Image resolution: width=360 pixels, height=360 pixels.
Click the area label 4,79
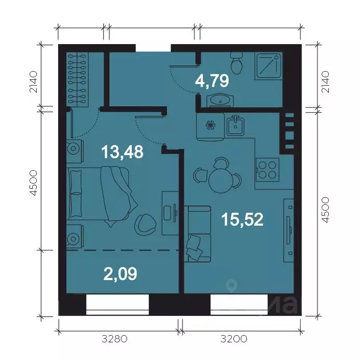coord(212,81)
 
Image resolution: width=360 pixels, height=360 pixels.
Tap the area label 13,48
coord(122,152)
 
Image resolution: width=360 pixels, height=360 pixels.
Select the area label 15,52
coord(242,219)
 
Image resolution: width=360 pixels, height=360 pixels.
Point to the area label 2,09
coord(120,274)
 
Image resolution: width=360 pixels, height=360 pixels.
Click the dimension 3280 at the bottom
coord(114,339)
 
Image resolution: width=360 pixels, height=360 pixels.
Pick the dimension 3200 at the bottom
coord(234,339)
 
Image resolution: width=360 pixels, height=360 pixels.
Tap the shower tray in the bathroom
coord(268,66)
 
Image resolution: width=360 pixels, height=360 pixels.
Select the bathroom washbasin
coord(220,100)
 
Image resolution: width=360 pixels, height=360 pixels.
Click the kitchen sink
coord(236,126)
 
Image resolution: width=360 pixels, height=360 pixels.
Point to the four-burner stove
coord(268,170)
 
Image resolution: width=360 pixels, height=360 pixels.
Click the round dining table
coord(220,182)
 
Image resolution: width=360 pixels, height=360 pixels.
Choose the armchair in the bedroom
coord(145,223)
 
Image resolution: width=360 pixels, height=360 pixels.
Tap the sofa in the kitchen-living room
coord(198,234)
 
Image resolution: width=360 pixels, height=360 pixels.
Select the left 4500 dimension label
coord(34,183)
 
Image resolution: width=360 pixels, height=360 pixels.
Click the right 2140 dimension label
coord(325,82)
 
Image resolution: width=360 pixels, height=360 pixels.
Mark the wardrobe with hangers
coord(77,79)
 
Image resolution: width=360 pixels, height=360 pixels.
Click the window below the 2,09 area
coord(118,304)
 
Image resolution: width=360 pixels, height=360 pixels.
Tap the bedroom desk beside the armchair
coord(170,213)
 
